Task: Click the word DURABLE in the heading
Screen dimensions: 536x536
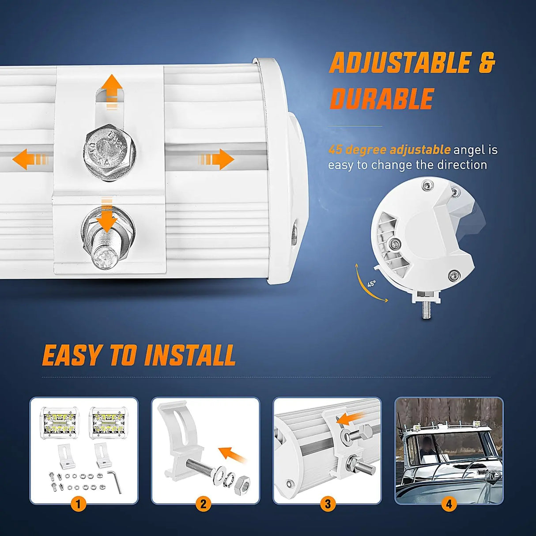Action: point(382,98)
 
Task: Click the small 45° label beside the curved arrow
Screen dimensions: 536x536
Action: point(371,283)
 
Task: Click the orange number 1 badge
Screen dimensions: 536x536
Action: point(79,504)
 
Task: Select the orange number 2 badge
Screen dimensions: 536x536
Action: point(203,504)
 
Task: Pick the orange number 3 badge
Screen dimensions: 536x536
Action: point(328,504)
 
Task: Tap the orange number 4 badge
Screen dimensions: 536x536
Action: point(449,504)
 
